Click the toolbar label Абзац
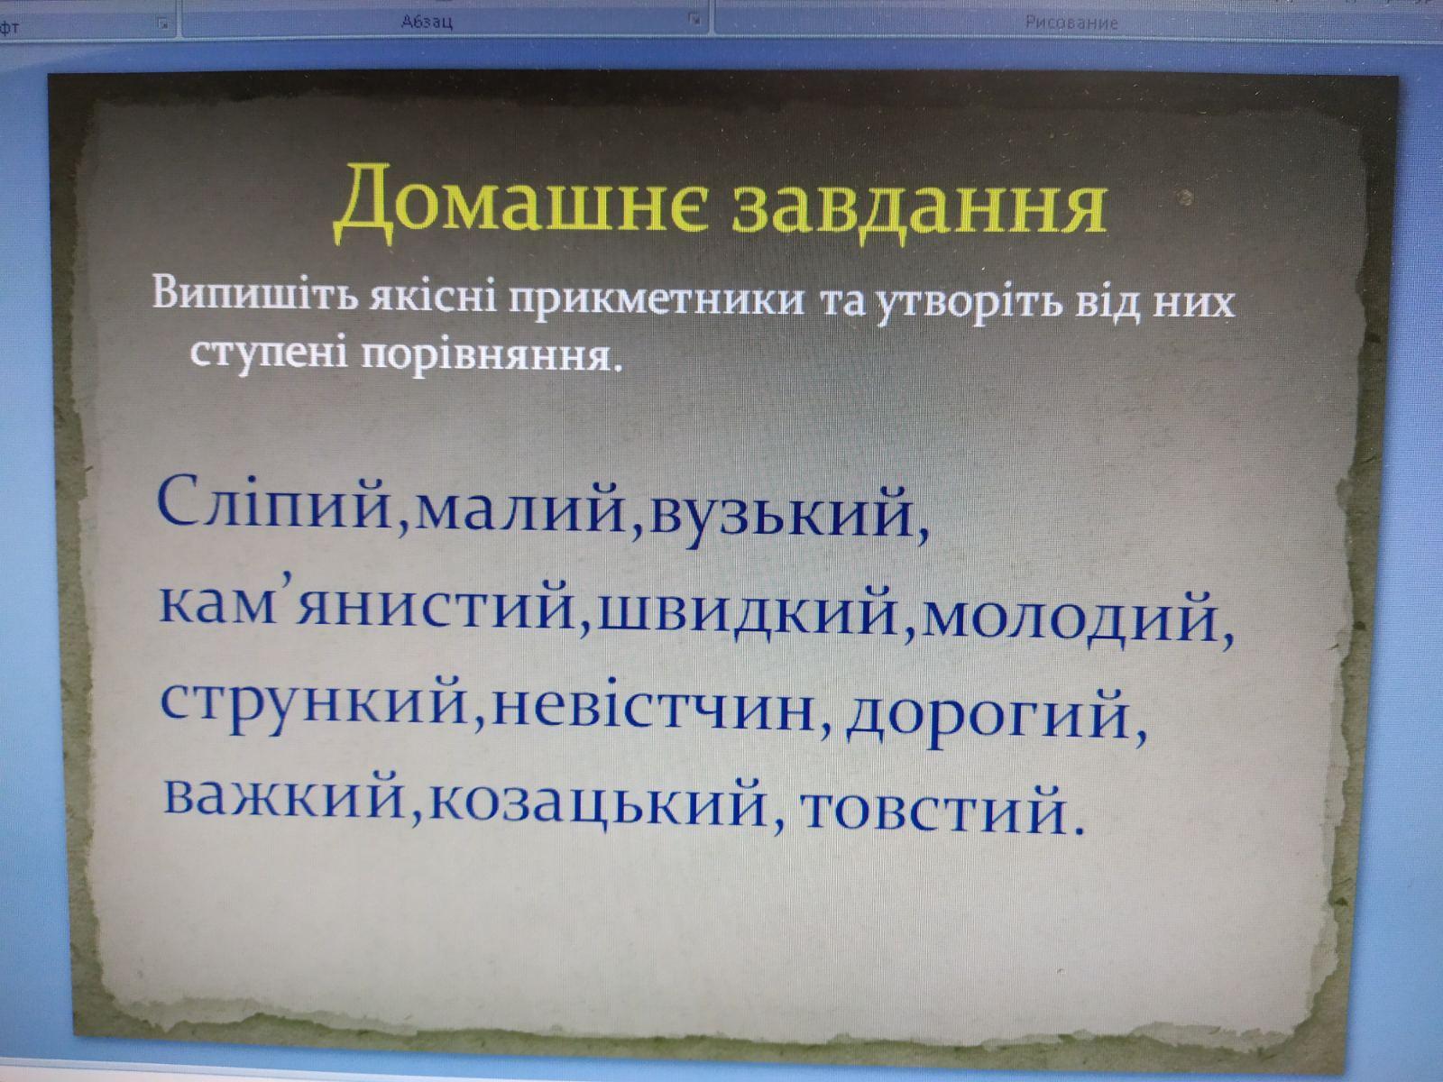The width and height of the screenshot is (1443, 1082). (x=427, y=23)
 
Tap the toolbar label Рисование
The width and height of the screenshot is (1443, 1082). (x=1071, y=23)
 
